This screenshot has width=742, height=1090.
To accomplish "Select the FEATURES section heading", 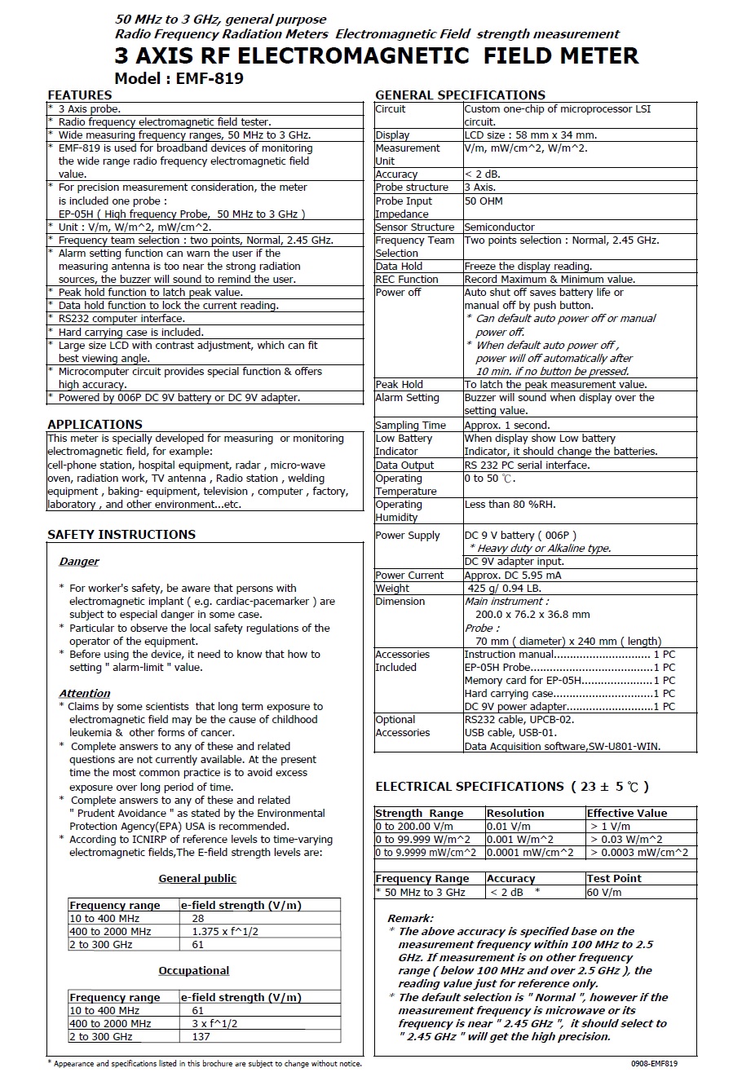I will click(x=80, y=95).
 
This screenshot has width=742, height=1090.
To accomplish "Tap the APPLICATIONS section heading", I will click(x=95, y=424).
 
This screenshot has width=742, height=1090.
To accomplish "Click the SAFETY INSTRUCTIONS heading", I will click(x=121, y=534).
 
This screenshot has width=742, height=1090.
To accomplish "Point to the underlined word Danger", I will click(x=79, y=561).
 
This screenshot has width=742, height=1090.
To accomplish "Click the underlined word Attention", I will click(x=85, y=693).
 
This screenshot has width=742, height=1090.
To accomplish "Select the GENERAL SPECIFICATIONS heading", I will click(x=460, y=95).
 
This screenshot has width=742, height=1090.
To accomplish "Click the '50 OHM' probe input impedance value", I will click(x=484, y=201).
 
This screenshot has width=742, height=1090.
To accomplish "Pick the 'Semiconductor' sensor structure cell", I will click(x=499, y=227).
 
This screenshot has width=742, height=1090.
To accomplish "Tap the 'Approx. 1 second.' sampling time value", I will click(x=506, y=425).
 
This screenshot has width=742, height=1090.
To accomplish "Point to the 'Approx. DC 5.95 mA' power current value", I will click(x=513, y=575).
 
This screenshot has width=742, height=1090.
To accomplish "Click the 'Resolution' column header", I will click(x=515, y=813).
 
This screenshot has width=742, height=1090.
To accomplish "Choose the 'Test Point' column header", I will click(x=614, y=878).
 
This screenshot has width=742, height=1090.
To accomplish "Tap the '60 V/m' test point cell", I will click(x=604, y=892).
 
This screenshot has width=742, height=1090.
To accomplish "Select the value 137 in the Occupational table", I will click(x=201, y=1036).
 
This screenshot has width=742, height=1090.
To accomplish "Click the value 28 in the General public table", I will click(x=198, y=918).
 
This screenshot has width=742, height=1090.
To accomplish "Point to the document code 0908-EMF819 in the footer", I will click(x=654, y=1063).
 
